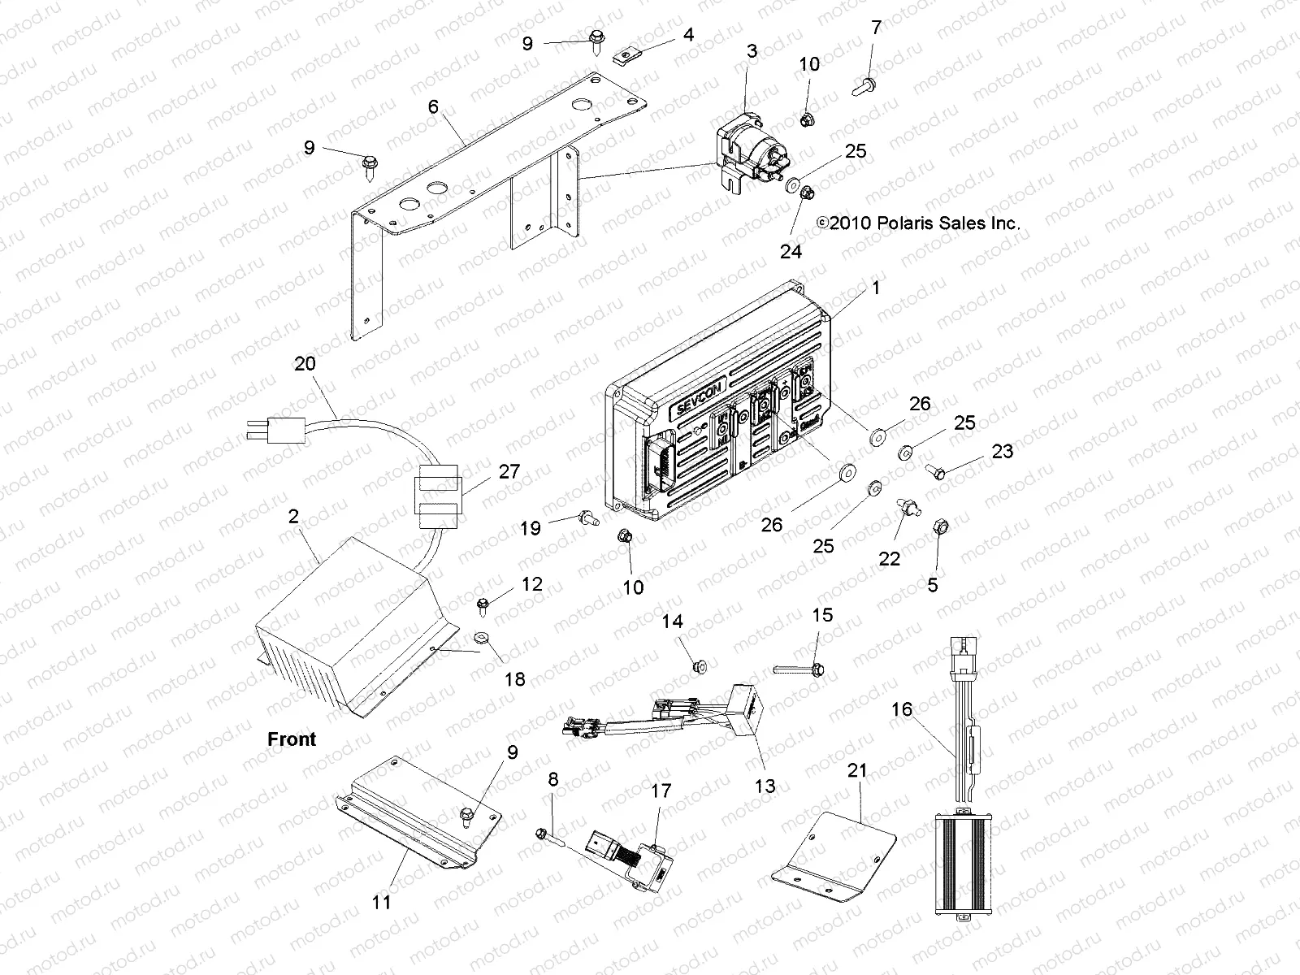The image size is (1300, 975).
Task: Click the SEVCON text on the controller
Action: (691, 406)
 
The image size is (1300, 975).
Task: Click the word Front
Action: (292, 739)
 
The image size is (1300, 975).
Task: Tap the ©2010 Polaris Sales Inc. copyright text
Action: (918, 223)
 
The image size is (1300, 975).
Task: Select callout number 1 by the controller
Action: (875, 288)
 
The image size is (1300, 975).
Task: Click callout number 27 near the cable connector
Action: (509, 471)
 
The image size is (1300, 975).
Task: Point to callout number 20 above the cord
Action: (305, 363)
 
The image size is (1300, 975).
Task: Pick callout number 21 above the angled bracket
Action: (858, 770)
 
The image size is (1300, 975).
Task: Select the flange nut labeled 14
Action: (698, 667)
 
